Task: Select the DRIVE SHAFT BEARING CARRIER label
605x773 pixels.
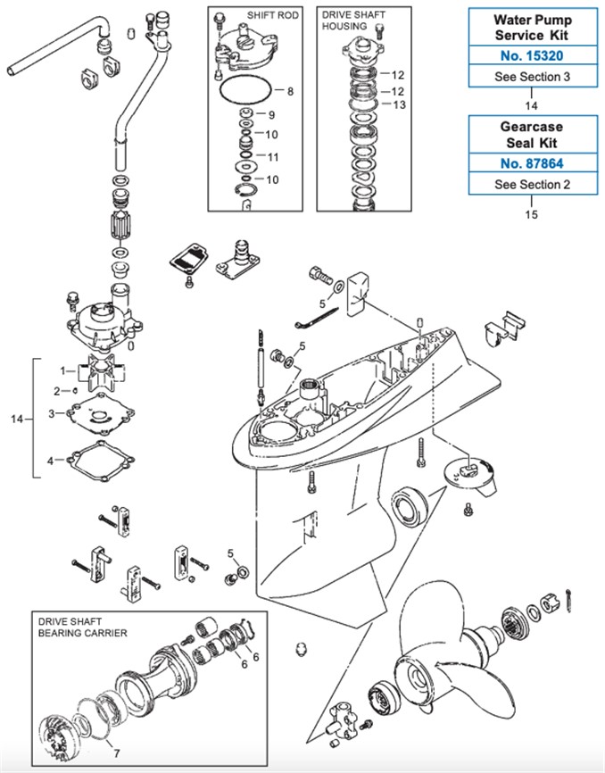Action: [x=81, y=626]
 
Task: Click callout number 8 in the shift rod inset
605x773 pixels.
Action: [x=290, y=90]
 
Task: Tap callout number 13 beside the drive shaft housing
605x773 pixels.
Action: [x=398, y=105]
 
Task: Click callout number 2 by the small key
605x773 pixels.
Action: [x=55, y=390]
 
